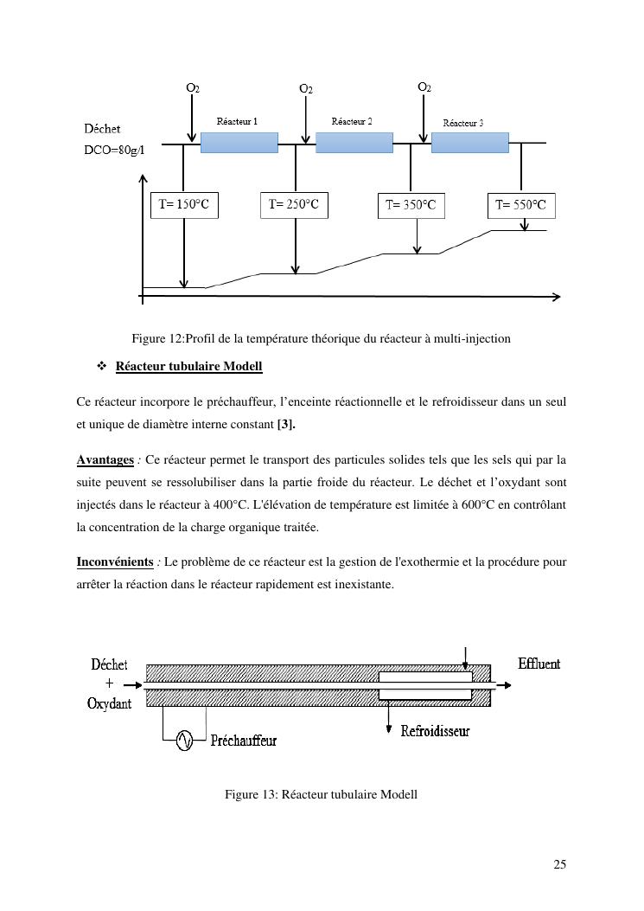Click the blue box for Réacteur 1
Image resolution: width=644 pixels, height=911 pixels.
239,143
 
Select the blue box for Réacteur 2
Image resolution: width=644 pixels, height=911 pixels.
354,143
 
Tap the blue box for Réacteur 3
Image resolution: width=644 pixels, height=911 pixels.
469,143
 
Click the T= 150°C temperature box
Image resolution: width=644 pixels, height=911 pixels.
184,205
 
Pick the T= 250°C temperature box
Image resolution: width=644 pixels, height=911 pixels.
294,205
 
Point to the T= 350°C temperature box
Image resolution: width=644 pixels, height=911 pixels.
411,206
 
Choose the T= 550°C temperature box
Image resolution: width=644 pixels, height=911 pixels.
520,206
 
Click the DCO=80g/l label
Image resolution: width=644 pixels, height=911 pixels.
113,149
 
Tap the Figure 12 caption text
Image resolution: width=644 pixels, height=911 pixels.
321,338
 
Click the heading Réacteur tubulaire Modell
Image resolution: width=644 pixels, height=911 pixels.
188,367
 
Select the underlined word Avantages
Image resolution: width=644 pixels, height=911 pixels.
105,459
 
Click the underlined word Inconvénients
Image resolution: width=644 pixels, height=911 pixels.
115,562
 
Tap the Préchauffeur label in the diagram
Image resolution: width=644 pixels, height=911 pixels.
245,741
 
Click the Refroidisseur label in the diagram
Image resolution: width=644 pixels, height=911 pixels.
435,731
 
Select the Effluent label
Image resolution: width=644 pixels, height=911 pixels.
539,664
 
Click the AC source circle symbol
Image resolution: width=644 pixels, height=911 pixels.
184,741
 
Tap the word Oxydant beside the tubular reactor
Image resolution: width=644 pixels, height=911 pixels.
110,703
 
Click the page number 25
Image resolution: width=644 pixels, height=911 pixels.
559,864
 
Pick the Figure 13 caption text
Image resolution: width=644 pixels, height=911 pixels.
321,794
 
